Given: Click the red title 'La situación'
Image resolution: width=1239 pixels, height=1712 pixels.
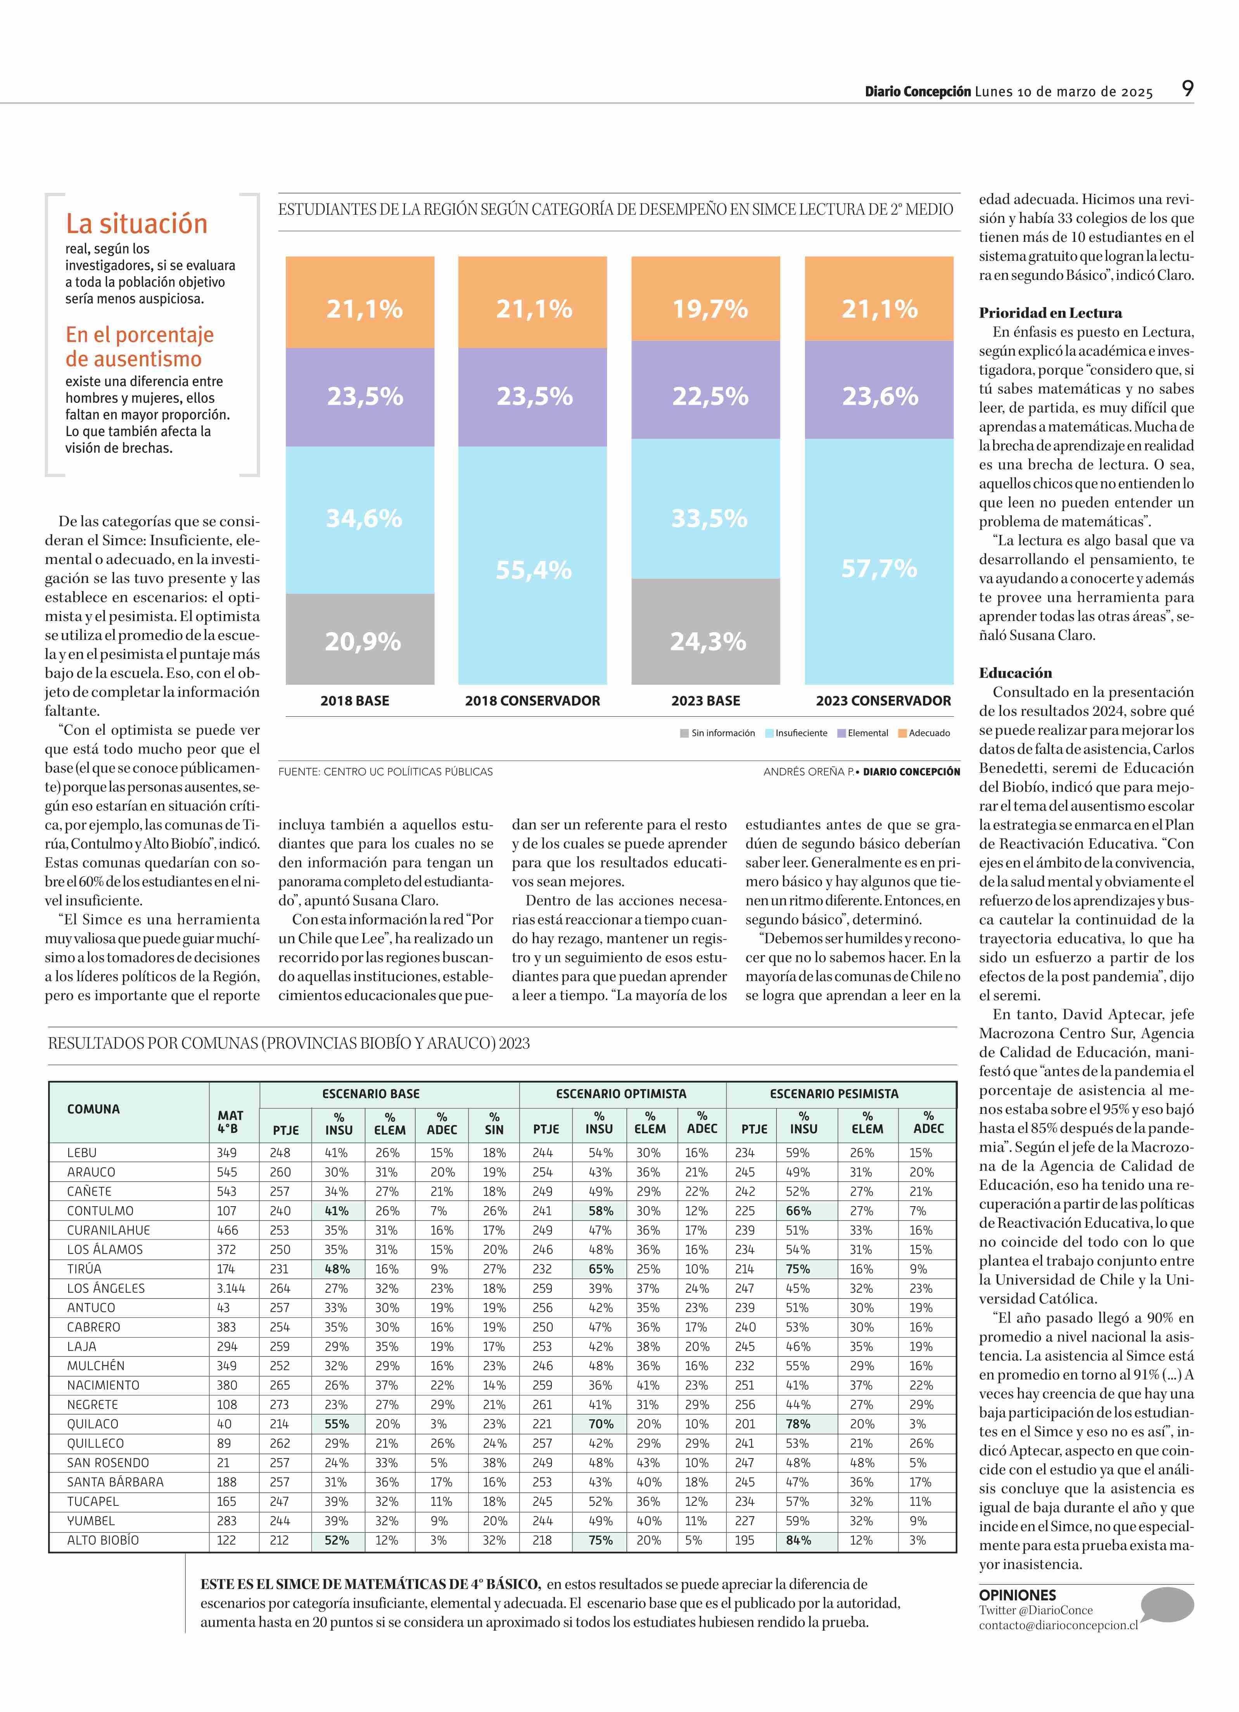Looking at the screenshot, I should click(136, 223).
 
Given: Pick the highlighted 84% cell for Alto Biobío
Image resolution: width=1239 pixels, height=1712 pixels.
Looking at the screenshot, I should click(799, 1540).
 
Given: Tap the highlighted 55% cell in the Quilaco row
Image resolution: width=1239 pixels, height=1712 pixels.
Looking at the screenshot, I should click(337, 1424).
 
